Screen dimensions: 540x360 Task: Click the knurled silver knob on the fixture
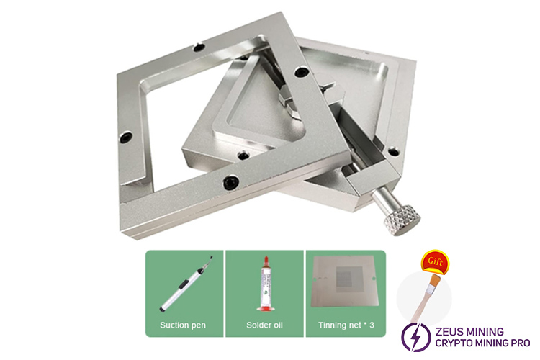tap(403, 220)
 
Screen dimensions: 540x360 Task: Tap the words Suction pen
tap(183, 325)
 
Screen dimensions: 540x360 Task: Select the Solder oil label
tap(264, 325)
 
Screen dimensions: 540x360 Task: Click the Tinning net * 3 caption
tap(346, 325)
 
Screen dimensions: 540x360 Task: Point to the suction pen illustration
tap(186, 284)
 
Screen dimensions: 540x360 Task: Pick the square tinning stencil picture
tap(346, 282)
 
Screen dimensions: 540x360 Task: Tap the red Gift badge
tap(435, 261)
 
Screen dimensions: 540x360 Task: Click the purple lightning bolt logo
tap(415, 336)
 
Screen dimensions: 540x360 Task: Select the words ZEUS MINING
tap(469, 331)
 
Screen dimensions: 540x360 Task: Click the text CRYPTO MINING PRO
tap(482, 343)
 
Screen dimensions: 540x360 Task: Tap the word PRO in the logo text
tap(519, 343)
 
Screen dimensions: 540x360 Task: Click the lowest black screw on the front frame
tap(231, 182)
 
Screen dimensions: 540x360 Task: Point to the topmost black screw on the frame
tap(199, 47)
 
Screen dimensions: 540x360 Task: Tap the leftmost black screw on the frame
tap(126, 137)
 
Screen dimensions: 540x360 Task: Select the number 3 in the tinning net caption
tap(372, 325)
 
